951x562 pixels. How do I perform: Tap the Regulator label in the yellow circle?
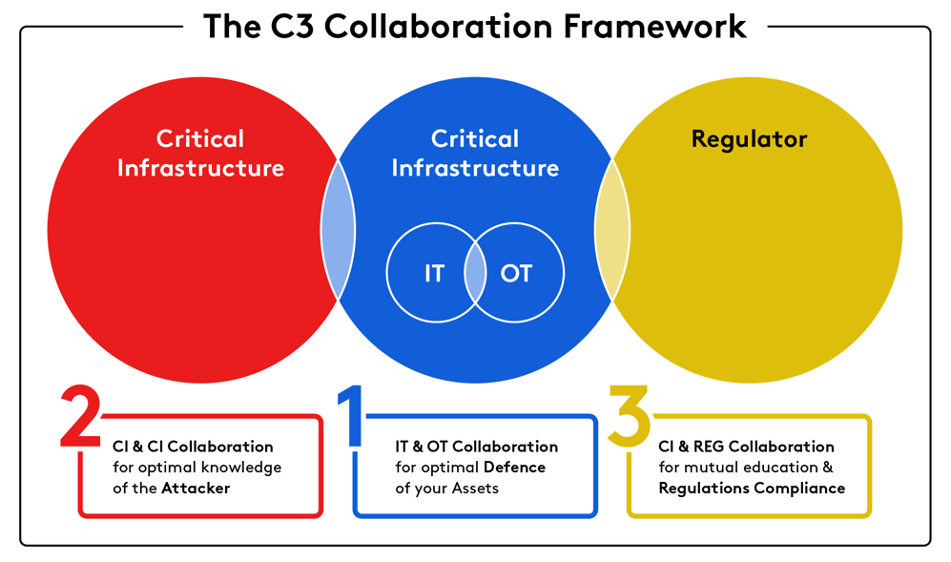coord(749,139)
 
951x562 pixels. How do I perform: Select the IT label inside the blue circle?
coord(434,274)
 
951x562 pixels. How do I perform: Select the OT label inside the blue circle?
coord(516,274)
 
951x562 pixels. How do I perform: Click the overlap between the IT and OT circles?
coord(475,274)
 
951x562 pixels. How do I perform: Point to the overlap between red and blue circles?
coord(338,230)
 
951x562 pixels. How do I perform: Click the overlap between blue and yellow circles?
coord(612,230)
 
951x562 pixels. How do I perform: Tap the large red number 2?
coord(80,417)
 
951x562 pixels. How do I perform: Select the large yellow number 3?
coord(630,417)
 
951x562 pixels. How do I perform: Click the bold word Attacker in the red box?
coord(196,489)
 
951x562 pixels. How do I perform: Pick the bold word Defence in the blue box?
coord(514,468)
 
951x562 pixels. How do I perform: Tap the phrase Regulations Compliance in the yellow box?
coord(752,489)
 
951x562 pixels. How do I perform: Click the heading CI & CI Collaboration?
coord(193,447)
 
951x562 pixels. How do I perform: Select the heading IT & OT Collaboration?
coord(476,447)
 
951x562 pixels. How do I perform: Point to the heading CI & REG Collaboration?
coord(746,447)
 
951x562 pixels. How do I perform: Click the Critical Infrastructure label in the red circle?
coord(200,154)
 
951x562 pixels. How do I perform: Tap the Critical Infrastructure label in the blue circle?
coord(475,154)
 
